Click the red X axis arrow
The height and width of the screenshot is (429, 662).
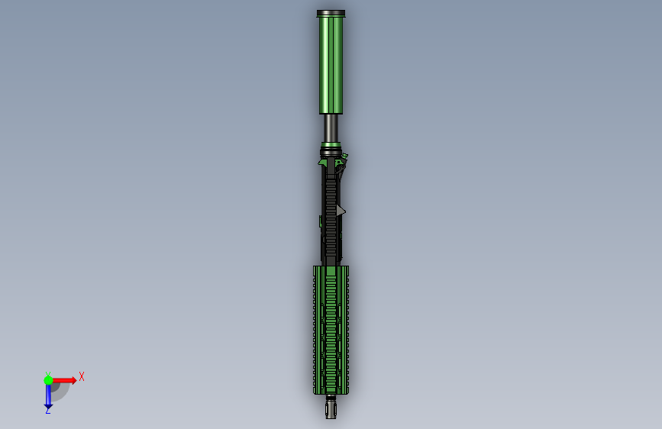tap(64, 380)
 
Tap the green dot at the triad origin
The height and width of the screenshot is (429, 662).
tap(48, 380)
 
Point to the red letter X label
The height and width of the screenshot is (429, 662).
tap(82, 376)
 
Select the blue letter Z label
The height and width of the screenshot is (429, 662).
tap(47, 411)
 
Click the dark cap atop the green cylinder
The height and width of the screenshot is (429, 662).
tap(331, 13)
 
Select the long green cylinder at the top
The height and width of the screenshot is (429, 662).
tap(331, 65)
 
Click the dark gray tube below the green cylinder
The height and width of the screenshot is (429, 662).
tap(331, 127)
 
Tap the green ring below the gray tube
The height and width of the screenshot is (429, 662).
tap(331, 144)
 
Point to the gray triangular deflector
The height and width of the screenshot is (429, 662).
tap(341, 210)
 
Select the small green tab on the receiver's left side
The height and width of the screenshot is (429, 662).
tap(321, 221)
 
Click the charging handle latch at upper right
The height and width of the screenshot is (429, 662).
tap(344, 159)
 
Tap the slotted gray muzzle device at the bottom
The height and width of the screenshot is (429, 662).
tap(331, 410)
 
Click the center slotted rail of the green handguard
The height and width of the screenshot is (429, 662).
tap(331, 328)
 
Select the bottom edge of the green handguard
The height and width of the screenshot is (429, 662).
tap(331, 393)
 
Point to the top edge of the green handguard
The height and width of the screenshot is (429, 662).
tap(331, 267)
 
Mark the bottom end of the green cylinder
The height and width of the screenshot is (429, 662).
tap(331, 112)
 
